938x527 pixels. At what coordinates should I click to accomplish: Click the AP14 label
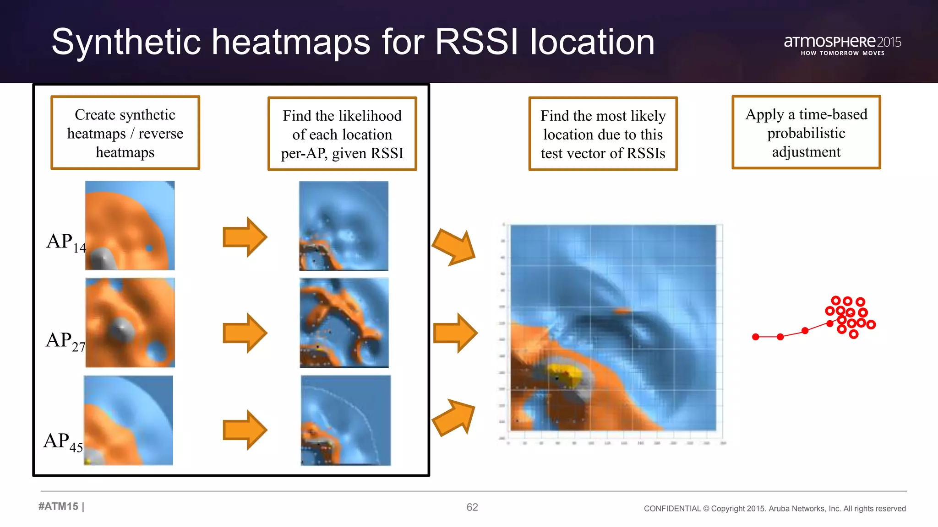65,242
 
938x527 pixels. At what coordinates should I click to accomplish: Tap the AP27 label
65,341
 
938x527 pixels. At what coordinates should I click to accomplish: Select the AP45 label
63,441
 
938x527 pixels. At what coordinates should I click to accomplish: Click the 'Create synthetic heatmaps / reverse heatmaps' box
125,133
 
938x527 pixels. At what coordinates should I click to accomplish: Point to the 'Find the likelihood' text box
342,134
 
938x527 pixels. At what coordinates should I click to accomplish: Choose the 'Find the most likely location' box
603,134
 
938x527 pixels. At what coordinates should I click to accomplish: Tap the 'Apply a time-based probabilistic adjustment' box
806,132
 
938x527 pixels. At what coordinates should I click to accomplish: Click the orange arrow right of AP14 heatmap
245,237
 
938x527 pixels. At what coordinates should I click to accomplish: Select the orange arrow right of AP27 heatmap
245,333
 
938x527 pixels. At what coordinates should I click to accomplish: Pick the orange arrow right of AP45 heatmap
245,430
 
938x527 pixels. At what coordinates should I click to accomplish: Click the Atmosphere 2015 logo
842,45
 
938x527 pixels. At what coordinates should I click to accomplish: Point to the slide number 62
472,507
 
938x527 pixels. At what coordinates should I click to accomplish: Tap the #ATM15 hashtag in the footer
59,506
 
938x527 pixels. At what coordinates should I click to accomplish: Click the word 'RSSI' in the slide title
477,42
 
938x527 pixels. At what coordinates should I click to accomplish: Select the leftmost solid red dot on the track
756,337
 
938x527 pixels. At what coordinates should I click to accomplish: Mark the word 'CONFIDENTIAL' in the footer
672,509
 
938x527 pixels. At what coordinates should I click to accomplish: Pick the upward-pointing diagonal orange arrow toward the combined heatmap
454,417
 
